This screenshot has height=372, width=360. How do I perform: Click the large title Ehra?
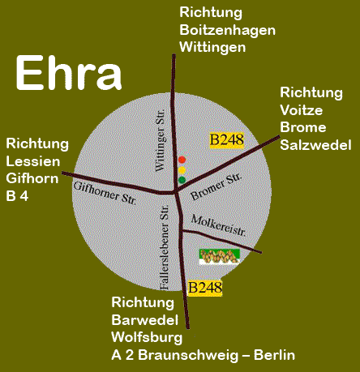coord(68,74)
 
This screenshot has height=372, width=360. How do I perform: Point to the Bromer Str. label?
coord(216,187)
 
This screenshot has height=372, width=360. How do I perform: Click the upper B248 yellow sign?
coord(226,139)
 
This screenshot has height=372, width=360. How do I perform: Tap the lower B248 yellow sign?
coord(204,287)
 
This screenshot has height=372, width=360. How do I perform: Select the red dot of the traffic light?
coord(182,160)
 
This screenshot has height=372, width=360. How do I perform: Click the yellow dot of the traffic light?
coord(182,169)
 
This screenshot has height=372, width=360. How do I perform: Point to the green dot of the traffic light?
coord(182,179)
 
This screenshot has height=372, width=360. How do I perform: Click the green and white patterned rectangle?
coord(220,258)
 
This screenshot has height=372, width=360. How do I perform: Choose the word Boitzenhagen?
coord(227,30)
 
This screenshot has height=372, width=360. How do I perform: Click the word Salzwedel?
coord(315,145)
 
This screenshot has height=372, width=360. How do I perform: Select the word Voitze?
coord(300,110)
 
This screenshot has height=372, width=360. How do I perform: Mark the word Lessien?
coord(29,160)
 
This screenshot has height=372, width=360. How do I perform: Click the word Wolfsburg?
coord(146,338)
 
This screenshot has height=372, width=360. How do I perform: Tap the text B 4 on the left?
coord(17,195)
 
